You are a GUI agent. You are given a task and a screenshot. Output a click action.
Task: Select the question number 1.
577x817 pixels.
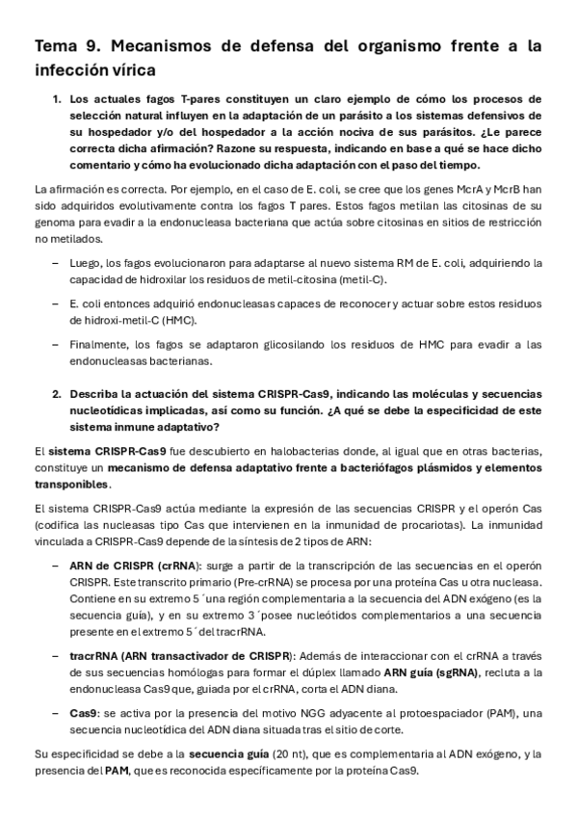pos(57,98)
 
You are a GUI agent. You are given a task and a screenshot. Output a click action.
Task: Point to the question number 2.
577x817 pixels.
pos(57,394)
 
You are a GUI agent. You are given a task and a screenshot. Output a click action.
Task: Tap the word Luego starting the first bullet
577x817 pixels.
pos(88,262)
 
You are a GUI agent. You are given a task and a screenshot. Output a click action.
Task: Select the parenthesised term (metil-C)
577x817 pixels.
pos(358,279)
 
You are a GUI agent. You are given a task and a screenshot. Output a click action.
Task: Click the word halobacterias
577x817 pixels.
pos(274,450)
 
